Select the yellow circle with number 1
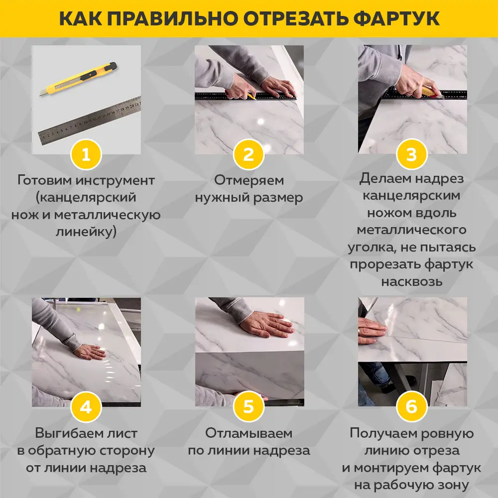pos(86,155)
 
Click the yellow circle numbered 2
pos(249,155)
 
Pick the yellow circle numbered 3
pos(411,155)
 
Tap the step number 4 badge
pos(86,407)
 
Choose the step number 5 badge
pos(249,407)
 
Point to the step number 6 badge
pos(411,407)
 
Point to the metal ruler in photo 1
pos(90,120)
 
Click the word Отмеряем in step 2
pos(249,180)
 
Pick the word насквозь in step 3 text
pos(411,282)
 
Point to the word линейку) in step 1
pos(86,232)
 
